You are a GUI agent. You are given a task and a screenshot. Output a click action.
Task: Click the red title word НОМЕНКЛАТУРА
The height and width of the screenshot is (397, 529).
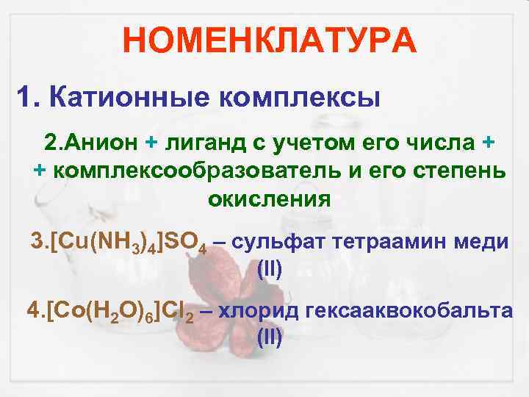click(x=270, y=40)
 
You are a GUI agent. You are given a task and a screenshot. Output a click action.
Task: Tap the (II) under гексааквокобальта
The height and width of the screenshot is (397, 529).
click(x=270, y=339)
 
